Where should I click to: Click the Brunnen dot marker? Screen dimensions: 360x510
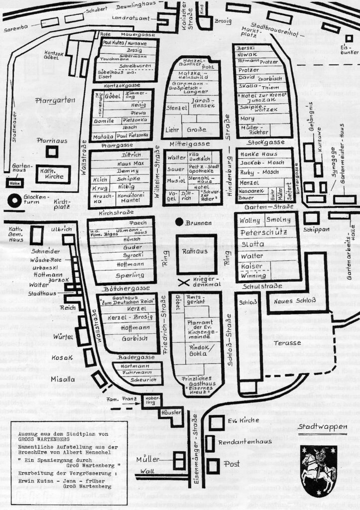coord(178,223)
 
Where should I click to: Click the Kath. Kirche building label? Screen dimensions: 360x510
coord(51,174)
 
